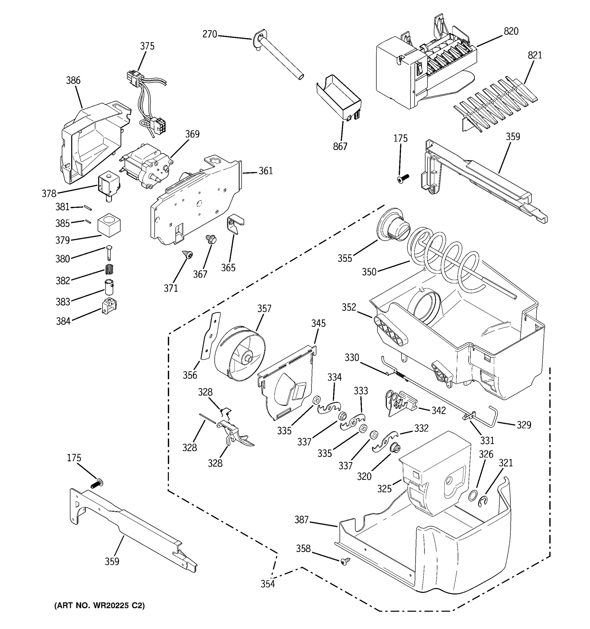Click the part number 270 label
pos(210,34)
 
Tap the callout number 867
pos(340,146)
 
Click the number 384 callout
pos(63,321)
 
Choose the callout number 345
pos(318,323)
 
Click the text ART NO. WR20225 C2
pos(99,606)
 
